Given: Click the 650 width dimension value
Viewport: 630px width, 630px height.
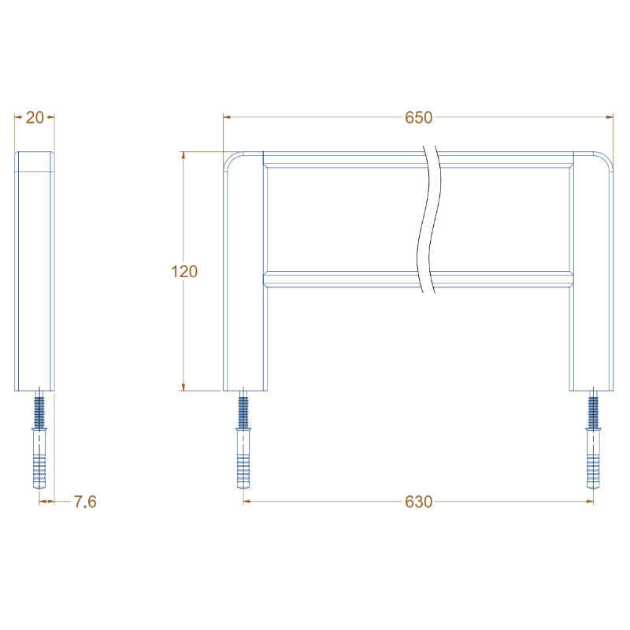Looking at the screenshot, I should (418, 117).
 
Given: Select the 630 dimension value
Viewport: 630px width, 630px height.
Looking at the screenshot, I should (418, 502).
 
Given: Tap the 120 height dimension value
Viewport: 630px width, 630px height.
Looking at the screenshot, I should (184, 272).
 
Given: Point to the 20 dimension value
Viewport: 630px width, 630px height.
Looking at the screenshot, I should (35, 117).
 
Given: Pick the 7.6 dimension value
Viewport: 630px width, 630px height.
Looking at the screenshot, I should (85, 502).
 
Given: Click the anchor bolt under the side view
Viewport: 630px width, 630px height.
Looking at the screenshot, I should (40, 449).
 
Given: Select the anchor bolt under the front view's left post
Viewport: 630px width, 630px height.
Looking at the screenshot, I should (244, 449).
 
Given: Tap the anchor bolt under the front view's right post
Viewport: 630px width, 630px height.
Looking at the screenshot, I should (593, 449).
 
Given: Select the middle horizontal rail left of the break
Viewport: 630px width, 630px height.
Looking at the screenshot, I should (339, 279).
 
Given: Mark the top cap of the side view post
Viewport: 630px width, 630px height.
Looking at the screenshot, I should (35, 161).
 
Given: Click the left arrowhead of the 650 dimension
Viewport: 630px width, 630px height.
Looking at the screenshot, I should (227, 117).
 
